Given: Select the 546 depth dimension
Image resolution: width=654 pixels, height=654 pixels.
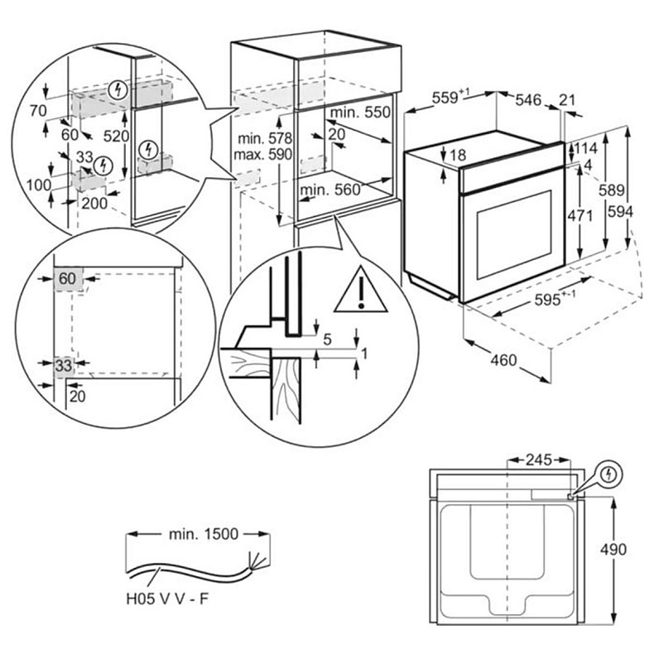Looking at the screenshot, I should point(527,100).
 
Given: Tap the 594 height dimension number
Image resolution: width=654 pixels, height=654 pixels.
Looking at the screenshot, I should point(622,213).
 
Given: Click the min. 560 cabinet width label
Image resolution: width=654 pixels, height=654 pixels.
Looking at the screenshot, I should point(331,190).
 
